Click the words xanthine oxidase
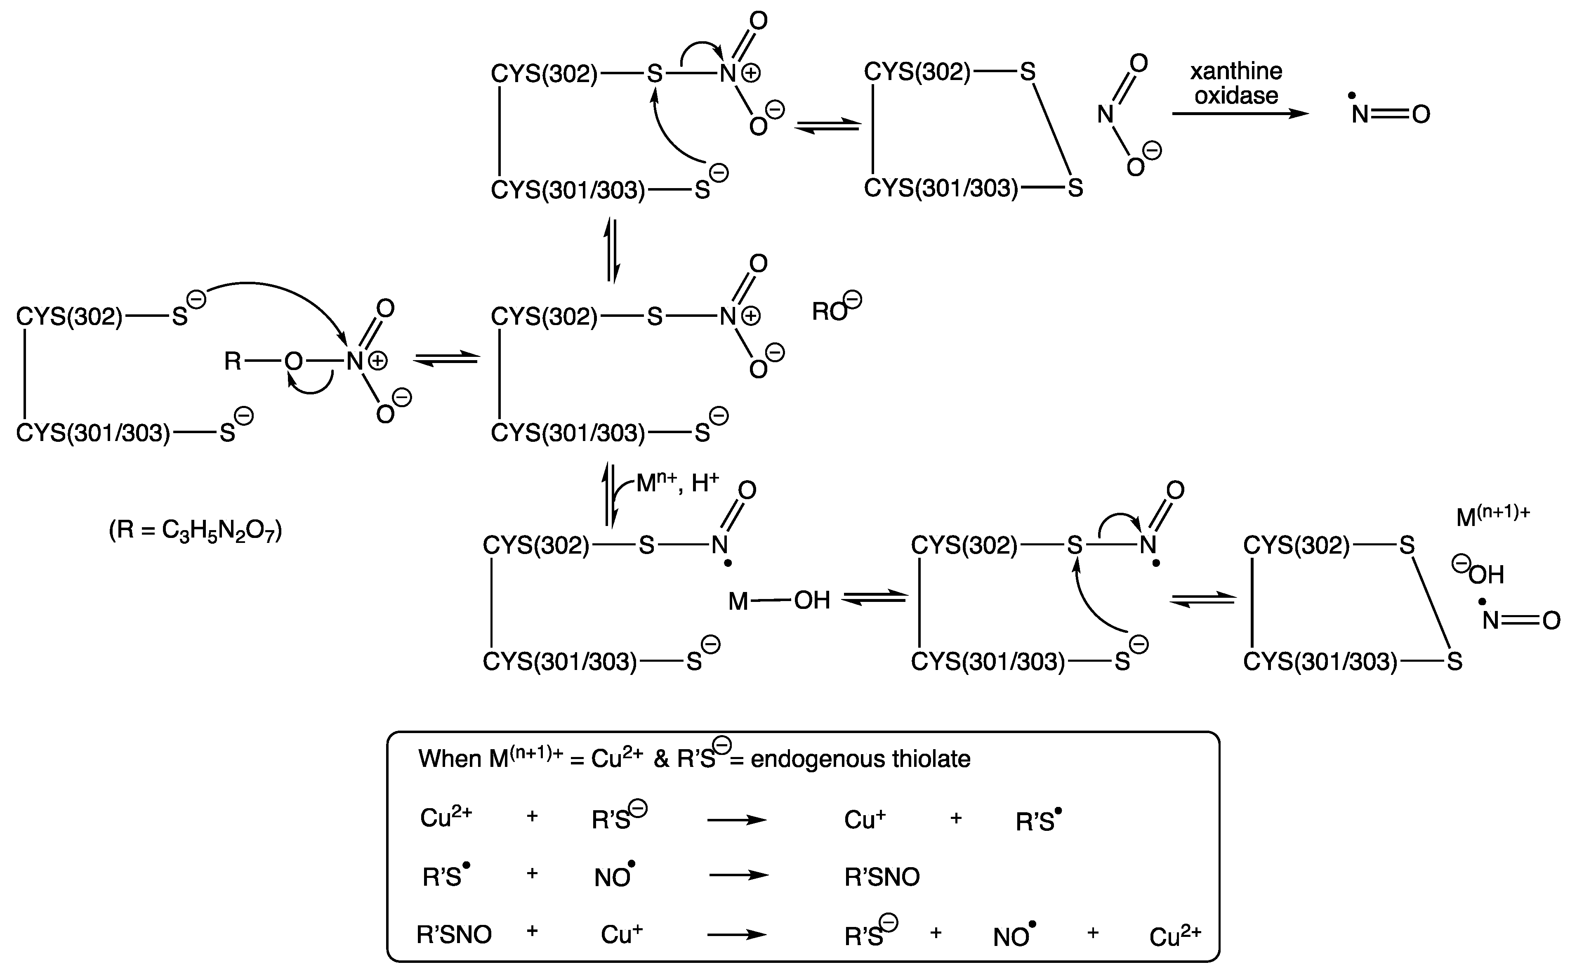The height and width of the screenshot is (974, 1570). point(1235,83)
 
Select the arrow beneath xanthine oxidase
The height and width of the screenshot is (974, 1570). point(1240,114)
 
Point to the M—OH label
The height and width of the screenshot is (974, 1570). point(778,600)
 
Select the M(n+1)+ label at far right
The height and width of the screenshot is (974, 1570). point(1493,515)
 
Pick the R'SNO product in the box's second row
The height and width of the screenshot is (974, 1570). point(882,877)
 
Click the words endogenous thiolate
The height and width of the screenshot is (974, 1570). point(860,759)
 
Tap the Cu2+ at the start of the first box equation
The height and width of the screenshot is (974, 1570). point(446,817)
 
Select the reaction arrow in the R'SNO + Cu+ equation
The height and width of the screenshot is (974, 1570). point(737,934)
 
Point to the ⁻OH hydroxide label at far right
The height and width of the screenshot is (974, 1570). point(1480,573)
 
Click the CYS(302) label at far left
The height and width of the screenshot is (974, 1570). point(69,316)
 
